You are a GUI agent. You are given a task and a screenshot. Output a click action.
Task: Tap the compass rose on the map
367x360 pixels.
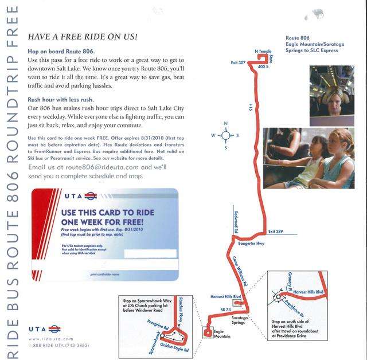tap(225, 136)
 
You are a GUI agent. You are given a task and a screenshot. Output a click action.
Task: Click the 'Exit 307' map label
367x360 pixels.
tap(238, 62)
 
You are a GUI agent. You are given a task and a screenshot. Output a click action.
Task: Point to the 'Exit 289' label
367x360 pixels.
tap(276, 231)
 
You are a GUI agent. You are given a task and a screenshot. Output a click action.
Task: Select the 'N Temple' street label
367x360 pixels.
tap(263, 52)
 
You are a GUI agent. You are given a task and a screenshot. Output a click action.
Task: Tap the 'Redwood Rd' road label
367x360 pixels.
tap(235, 221)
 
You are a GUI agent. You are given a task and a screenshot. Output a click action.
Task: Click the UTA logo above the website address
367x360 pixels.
tap(44, 329)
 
